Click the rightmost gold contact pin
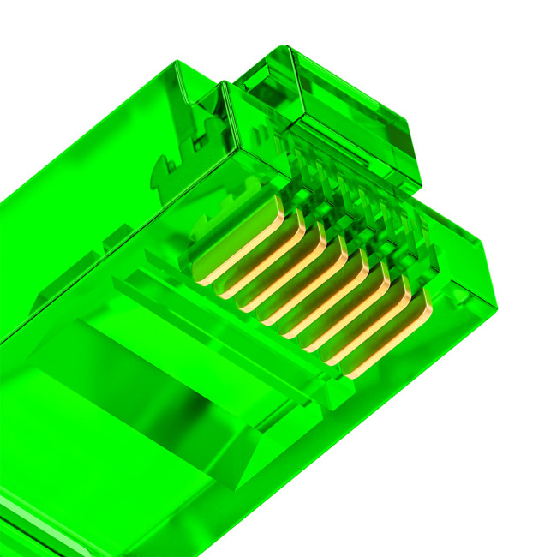pyautogui.click(x=390, y=347)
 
